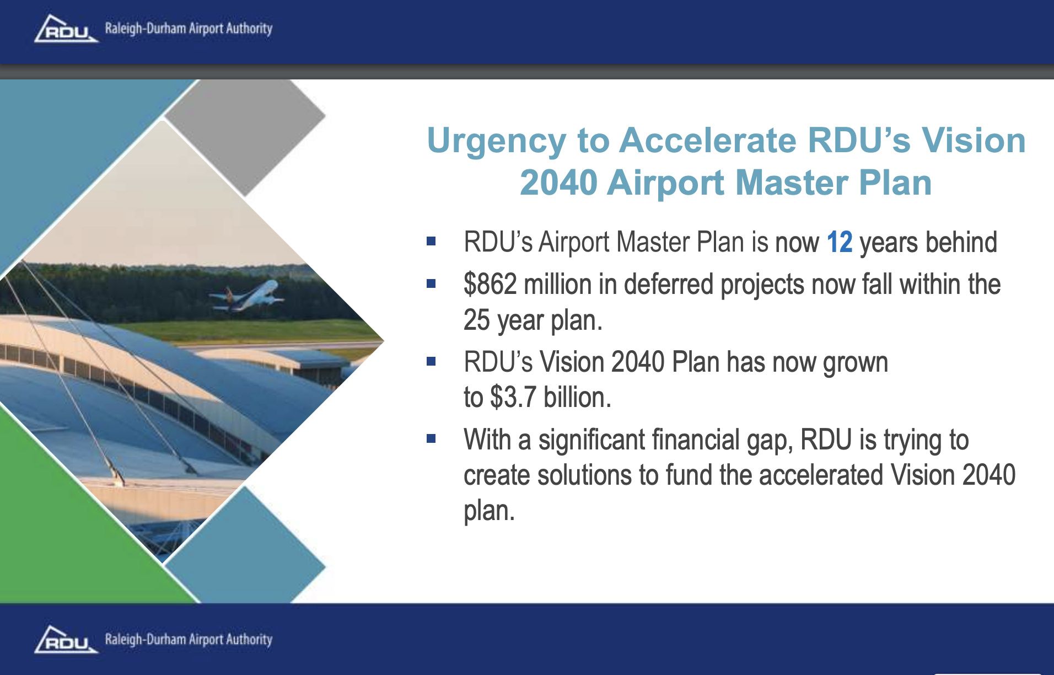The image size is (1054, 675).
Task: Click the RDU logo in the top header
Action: [66, 29]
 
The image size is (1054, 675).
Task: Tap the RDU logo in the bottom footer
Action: [66, 640]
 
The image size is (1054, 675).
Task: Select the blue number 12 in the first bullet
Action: [840, 242]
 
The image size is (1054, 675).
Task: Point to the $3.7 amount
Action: [513, 397]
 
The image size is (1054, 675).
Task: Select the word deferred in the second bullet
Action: [669, 285]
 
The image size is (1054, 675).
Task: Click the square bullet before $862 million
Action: [431, 284]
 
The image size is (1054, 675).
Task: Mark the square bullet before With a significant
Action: [431, 439]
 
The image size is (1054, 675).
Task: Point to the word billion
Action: [577, 397]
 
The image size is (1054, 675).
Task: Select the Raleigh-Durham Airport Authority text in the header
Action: [189, 29]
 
